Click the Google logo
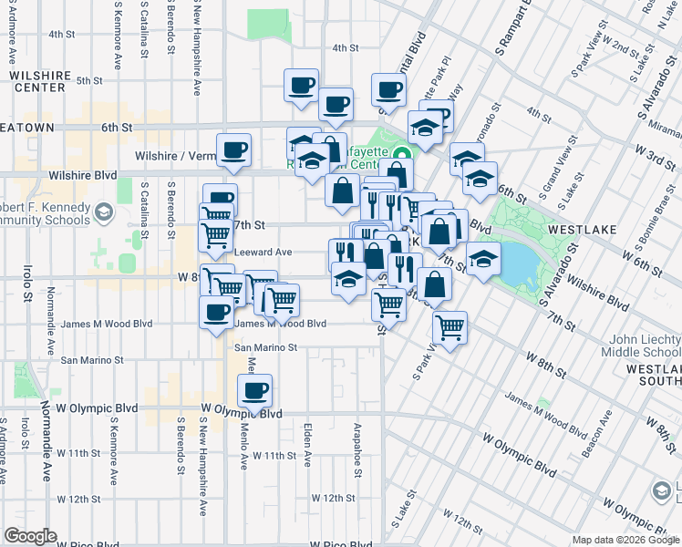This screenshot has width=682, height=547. click(30, 536)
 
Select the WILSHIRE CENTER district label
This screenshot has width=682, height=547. click(37, 81)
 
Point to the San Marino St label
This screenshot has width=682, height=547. click(267, 347)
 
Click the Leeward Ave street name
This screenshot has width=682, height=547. click(263, 252)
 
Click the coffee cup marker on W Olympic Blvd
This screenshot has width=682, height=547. click(254, 391)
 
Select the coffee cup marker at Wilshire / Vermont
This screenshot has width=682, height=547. click(233, 150)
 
